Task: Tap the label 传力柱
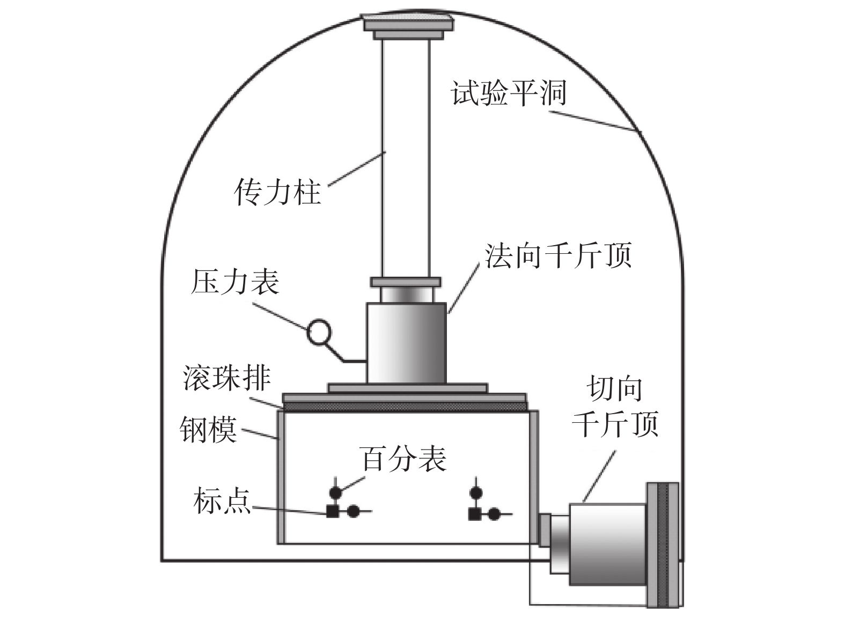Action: (278, 192)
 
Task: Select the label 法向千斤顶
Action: (559, 255)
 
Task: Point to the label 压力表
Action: (235, 282)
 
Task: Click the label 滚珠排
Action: (226, 377)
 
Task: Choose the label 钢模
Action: (208, 429)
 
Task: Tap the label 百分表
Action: (404, 459)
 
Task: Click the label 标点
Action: (222, 501)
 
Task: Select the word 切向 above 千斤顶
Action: (615, 389)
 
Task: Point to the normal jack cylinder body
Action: (406, 343)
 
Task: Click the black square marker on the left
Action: (333, 512)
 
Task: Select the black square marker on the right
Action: (474, 514)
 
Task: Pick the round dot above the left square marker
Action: (335, 492)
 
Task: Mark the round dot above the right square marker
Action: (475, 492)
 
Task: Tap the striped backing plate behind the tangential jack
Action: (663, 545)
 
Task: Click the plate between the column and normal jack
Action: (406, 282)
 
